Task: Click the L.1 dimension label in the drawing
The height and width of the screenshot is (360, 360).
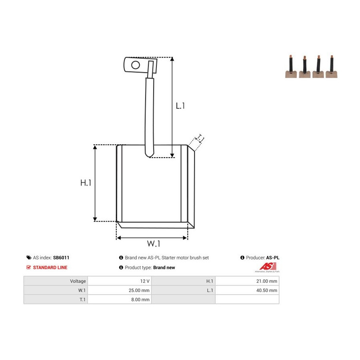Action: click(180, 106)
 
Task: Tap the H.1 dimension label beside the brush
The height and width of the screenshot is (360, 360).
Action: click(86, 183)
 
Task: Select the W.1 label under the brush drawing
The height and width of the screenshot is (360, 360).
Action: click(154, 243)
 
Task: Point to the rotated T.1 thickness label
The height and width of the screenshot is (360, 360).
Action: click(200, 139)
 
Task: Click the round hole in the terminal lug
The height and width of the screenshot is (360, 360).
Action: click(136, 65)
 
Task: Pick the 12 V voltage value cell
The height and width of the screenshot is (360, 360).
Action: click(145, 281)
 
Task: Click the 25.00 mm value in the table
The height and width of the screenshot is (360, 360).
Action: click(139, 290)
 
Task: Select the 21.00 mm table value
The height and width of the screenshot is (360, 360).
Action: click(267, 281)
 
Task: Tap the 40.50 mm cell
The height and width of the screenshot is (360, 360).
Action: click(267, 290)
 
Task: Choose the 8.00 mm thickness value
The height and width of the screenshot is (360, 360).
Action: click(140, 299)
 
